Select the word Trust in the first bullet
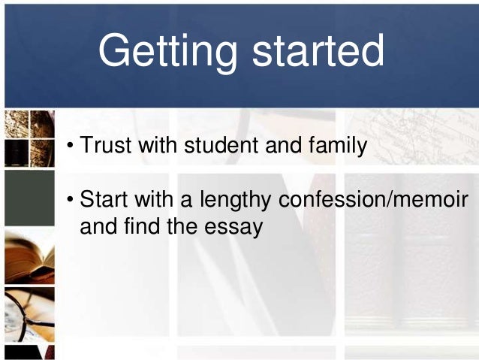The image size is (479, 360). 101,145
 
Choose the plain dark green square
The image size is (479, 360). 29,198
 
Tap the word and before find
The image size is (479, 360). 98,226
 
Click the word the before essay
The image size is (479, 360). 182,226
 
